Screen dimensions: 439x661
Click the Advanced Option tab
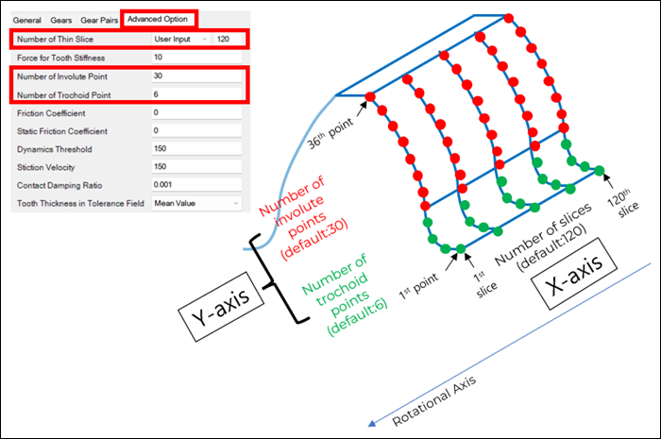(160, 19)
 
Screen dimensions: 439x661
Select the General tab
(27, 19)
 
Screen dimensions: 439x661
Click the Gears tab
(61, 19)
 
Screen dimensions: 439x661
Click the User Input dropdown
(180, 39)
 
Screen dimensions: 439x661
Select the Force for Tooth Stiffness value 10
(195, 57)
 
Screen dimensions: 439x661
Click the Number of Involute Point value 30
(195, 76)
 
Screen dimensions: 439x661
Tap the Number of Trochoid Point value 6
(195, 93)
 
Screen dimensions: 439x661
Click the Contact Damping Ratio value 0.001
(195, 184)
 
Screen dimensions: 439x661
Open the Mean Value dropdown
(195, 203)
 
